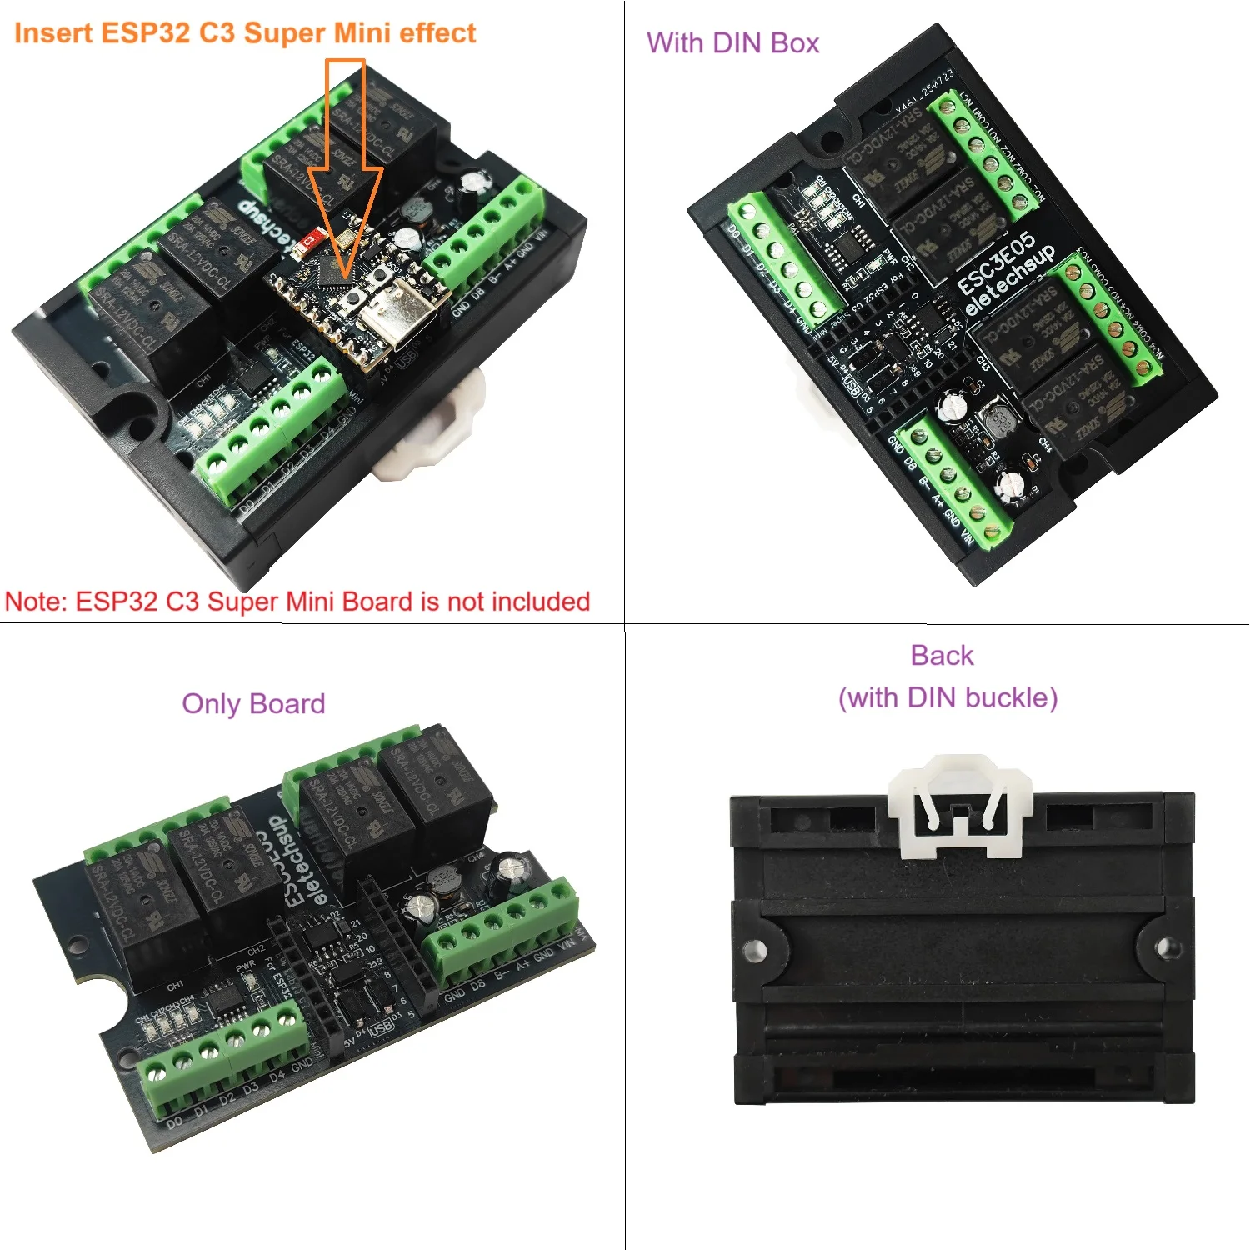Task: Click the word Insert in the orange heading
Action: (x=52, y=33)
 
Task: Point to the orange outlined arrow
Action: (x=346, y=167)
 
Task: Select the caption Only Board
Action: (x=253, y=704)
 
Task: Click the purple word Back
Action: (x=942, y=656)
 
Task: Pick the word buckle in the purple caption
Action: (x=1012, y=697)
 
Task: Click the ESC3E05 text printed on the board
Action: (x=995, y=262)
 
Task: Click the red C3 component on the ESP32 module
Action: (x=309, y=240)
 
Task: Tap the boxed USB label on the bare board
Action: (x=380, y=1028)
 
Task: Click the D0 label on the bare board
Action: (x=174, y=1122)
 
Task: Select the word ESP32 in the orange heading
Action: (x=145, y=33)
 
